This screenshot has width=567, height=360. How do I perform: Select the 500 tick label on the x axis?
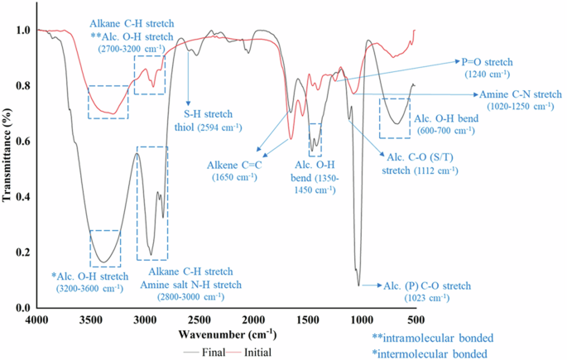pyautogui.click(x=415, y=319)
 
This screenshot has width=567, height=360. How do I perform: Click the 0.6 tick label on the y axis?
pyautogui.click(x=22, y=142)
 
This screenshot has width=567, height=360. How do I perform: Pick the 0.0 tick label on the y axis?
pyautogui.click(x=22, y=308)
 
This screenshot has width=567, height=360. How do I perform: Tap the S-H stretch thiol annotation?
pyautogui.click(x=213, y=120)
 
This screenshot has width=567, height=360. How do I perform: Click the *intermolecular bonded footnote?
pyautogui.click(x=432, y=353)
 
